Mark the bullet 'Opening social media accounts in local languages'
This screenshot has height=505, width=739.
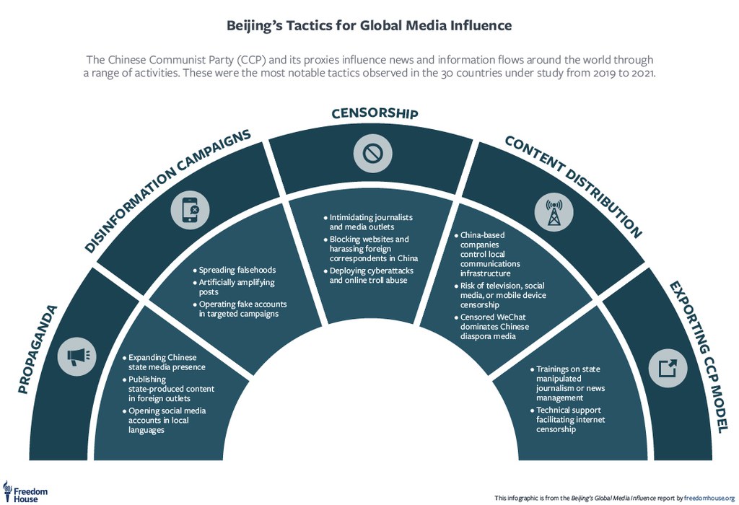pos(162,421)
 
